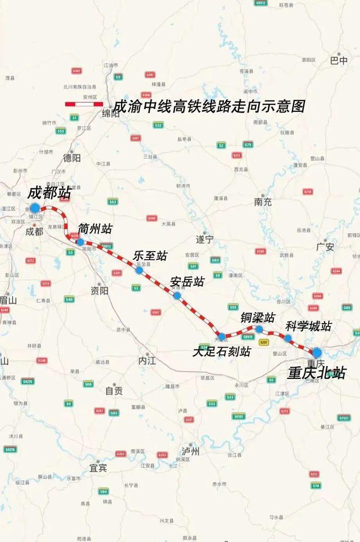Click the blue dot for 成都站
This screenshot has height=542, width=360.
[x=35, y=207]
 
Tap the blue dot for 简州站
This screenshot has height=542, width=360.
[x=81, y=242]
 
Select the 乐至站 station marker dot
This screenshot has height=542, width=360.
[x=140, y=270]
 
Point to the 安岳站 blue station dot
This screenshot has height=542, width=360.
[x=177, y=296]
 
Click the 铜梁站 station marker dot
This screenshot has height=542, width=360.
[x=259, y=329]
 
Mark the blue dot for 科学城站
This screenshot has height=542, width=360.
[x=287, y=338]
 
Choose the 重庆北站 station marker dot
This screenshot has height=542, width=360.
[x=317, y=353]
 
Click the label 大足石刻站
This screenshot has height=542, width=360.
[x=221, y=352]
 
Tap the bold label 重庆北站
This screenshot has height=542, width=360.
[x=317, y=373]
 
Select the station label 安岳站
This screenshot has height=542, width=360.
[x=187, y=282]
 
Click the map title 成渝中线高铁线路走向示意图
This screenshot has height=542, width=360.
[x=209, y=106]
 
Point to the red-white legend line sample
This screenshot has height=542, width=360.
[x=84, y=104]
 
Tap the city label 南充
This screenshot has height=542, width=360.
[x=262, y=201]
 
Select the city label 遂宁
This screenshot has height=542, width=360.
[x=205, y=239]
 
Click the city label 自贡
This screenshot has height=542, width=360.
[x=114, y=391]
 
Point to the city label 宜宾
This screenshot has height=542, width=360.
[x=98, y=468]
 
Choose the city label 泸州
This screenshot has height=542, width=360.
[x=191, y=451]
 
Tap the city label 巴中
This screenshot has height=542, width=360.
[x=339, y=61]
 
